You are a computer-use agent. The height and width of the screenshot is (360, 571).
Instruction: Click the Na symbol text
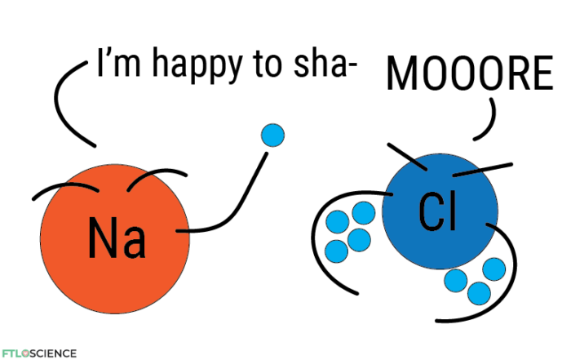117,238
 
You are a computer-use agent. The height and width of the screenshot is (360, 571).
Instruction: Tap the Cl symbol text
437,212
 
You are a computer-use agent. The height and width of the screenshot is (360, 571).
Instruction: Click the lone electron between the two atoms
272,135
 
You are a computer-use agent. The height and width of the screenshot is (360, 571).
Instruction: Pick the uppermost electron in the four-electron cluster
363,213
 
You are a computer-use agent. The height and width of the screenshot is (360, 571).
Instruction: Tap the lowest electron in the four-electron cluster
336,251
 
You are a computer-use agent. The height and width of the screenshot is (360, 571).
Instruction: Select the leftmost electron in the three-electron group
455,281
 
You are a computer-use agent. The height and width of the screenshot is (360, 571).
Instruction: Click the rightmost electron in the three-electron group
494,269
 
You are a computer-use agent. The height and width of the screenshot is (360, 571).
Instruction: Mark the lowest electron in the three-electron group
479,293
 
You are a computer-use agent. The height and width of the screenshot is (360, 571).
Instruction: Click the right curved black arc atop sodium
138,180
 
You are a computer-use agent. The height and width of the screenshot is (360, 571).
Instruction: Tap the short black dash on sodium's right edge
183,232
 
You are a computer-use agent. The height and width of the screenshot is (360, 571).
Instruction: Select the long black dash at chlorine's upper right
467,171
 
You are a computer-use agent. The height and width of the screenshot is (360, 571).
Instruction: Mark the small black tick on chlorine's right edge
491,224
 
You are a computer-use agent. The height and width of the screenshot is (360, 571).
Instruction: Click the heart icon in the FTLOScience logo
25,353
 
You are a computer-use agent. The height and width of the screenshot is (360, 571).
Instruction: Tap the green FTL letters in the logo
11,353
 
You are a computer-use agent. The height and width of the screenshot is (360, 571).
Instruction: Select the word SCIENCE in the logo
54,353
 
